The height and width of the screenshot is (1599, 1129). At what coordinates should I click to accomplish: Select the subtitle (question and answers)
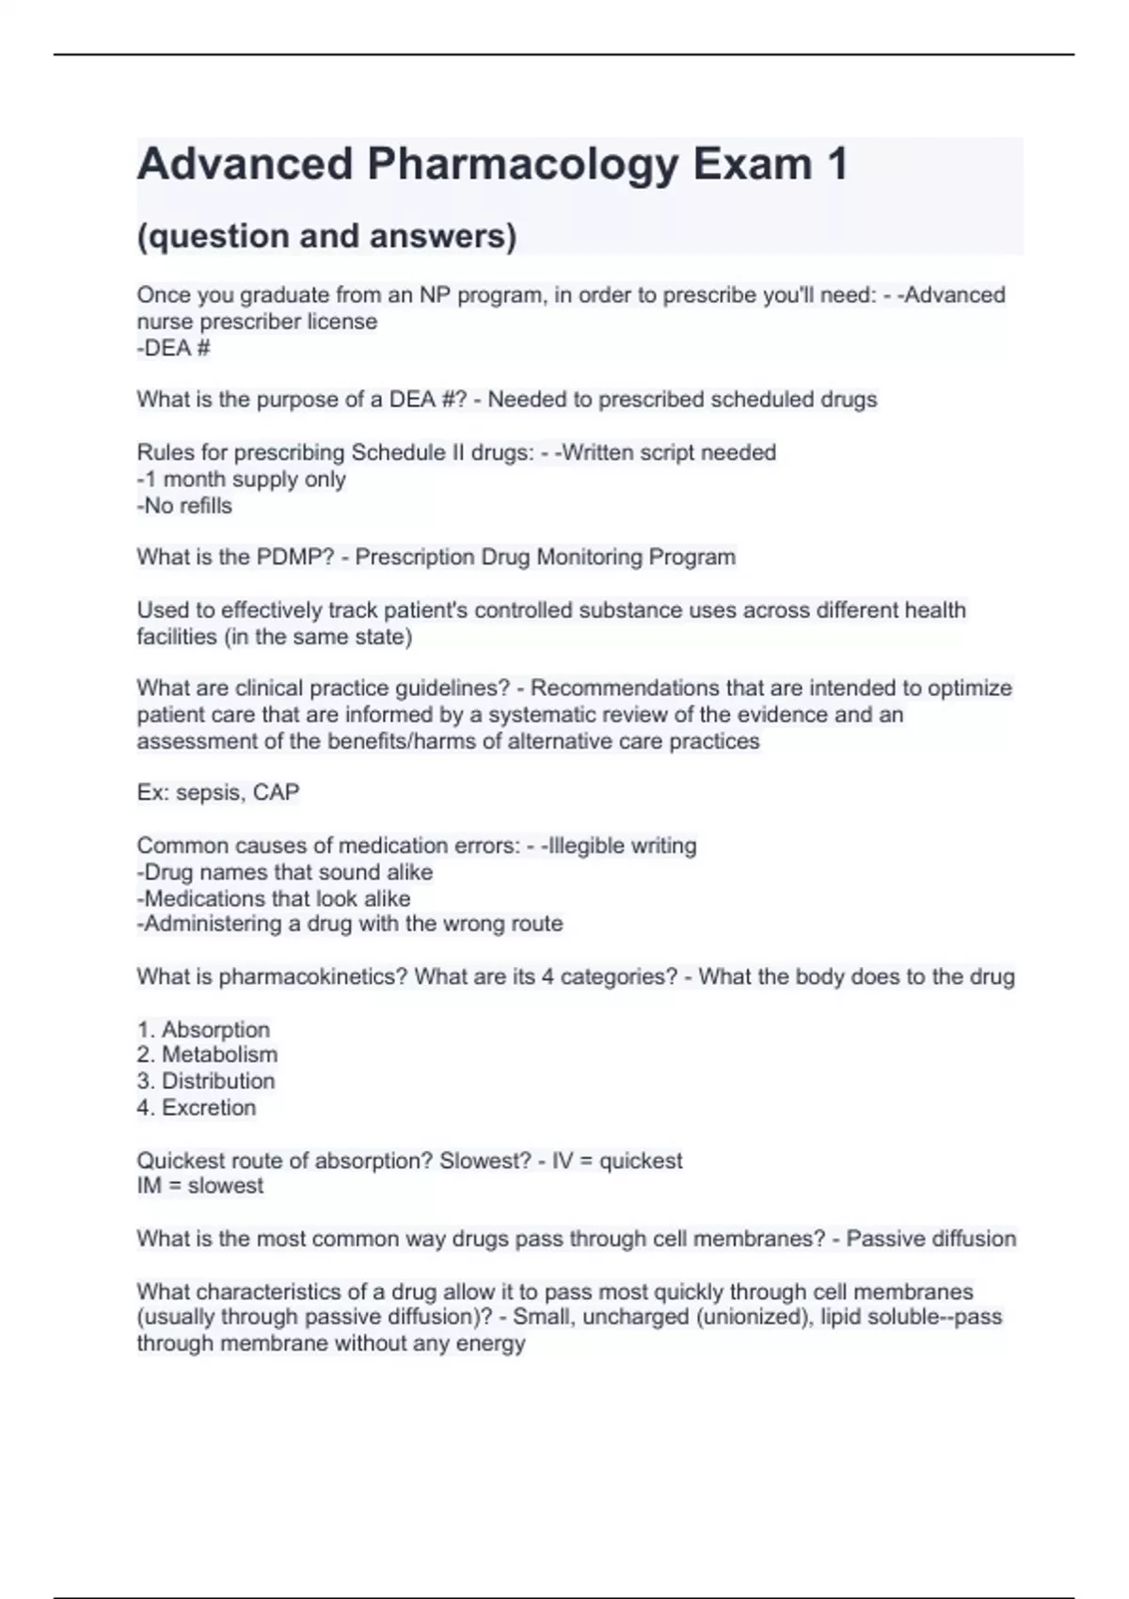[326, 236]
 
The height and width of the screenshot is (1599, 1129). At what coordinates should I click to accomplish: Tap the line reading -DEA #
[173, 348]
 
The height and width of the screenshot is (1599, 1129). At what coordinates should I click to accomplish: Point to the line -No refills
[184, 505]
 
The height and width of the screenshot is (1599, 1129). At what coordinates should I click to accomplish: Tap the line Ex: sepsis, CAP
[217, 792]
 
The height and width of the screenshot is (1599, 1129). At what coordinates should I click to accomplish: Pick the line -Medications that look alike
[273, 898]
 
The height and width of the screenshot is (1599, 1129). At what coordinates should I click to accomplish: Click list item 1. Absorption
[203, 1029]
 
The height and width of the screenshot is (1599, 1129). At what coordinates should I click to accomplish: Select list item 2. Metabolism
[207, 1054]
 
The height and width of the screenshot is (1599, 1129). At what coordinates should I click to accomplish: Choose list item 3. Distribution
[206, 1081]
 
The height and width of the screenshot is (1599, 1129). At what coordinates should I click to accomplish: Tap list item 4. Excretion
[196, 1107]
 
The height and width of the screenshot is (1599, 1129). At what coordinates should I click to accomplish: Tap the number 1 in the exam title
[836, 165]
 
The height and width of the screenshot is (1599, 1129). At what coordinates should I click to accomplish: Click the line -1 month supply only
[241, 479]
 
